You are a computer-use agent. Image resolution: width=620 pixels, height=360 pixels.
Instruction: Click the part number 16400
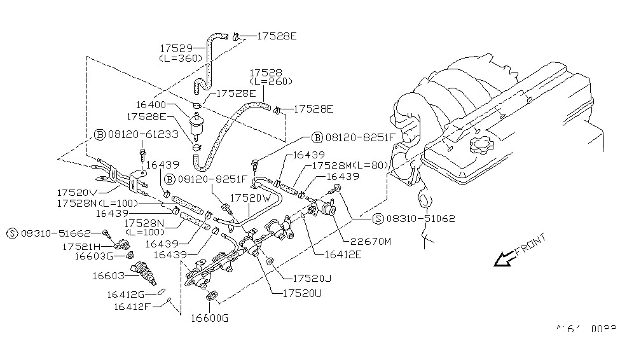click(x=151, y=104)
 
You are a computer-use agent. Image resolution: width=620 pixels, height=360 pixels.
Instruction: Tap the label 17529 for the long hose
click(x=176, y=47)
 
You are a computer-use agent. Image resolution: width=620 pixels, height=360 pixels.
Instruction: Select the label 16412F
click(x=135, y=307)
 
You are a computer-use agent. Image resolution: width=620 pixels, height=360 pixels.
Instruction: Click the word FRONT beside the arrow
click(x=531, y=244)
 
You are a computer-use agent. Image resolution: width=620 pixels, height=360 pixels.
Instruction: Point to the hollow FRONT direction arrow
click(x=505, y=258)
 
